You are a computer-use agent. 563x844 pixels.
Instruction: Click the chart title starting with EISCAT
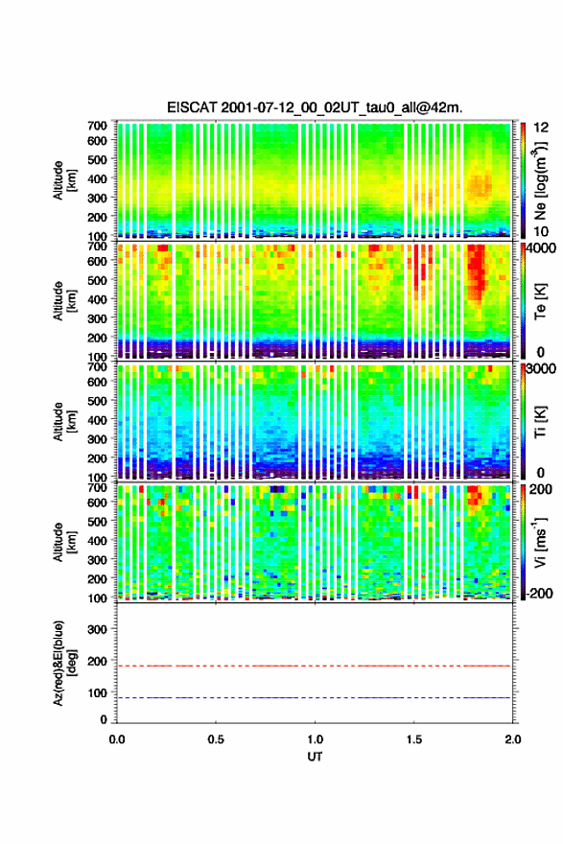click(x=315, y=107)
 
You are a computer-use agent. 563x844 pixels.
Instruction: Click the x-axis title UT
click(x=315, y=757)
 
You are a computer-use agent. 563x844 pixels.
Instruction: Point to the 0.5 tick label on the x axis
click(x=216, y=739)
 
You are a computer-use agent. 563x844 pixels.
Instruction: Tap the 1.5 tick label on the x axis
click(x=414, y=739)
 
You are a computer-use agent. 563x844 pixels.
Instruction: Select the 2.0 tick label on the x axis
click(x=513, y=739)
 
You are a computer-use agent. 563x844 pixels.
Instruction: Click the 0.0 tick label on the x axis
click(x=117, y=739)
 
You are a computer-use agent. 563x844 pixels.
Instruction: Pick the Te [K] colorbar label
click(x=540, y=301)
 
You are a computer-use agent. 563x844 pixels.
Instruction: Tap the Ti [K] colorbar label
click(x=540, y=422)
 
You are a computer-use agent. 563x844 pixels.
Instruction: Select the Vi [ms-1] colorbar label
click(x=540, y=542)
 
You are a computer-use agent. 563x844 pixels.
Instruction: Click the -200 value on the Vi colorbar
click(x=540, y=593)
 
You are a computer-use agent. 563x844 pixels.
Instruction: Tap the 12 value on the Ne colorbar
click(x=542, y=128)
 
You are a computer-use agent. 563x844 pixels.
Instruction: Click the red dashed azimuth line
click(x=314, y=666)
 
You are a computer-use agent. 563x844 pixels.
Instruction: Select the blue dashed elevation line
click(x=314, y=697)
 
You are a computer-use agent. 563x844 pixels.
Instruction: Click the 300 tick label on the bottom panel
click(x=98, y=629)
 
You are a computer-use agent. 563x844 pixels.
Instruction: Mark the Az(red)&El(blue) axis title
click(x=64, y=663)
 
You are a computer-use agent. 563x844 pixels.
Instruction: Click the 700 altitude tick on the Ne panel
click(x=98, y=126)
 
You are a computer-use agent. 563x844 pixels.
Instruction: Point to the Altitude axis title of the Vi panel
click(x=64, y=542)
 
